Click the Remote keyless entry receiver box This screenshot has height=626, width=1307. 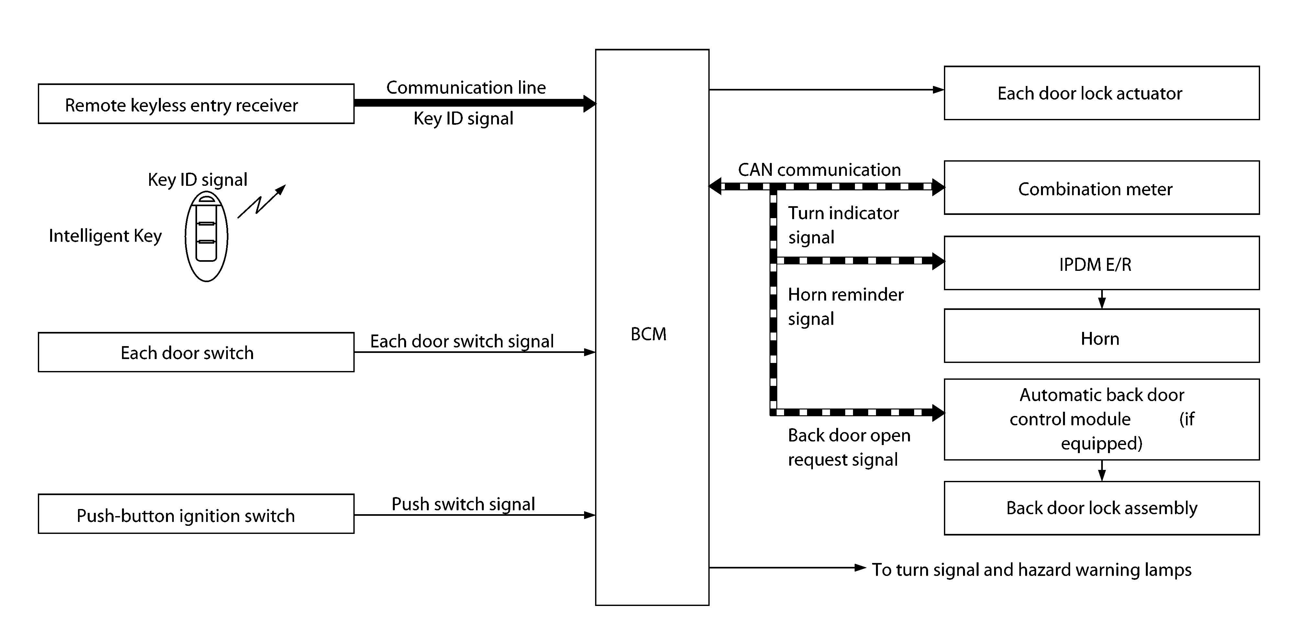pos(196,104)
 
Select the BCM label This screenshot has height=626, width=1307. pos(648,334)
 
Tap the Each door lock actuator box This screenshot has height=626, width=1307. pos(1102,93)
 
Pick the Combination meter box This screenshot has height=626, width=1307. pos(1102,188)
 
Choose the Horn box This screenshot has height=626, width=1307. pos(1102,336)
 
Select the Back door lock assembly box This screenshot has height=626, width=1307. pos(1102,508)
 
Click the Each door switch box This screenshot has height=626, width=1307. pos(196,352)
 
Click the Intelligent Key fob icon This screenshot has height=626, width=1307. pos(206,237)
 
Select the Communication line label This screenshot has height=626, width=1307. pos(466,88)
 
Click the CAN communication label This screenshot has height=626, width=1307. pos(819,170)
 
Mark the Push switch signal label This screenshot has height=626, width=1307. pos(463,504)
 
